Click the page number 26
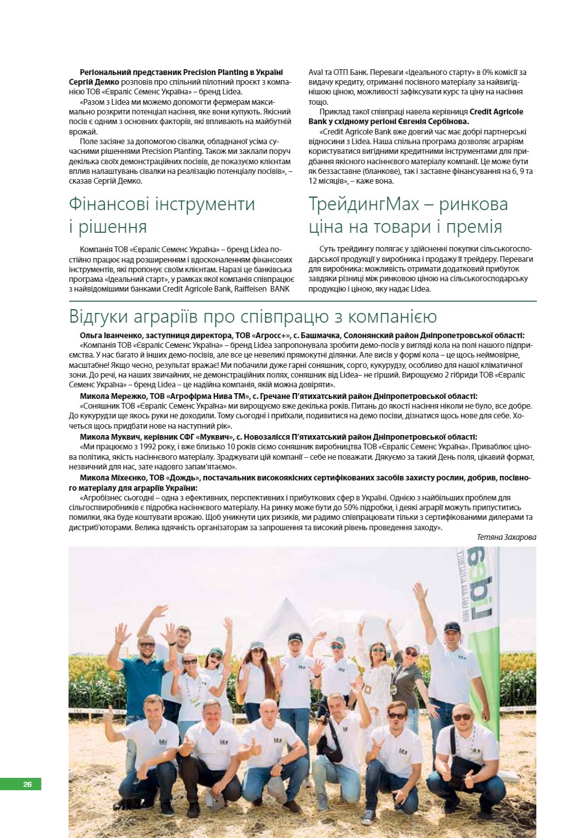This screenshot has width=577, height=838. [x=27, y=784]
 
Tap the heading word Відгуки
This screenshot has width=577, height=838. [x=103, y=317]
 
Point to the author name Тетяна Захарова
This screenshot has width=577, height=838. [x=506, y=537]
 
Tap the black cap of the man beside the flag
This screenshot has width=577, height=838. [x=452, y=627]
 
